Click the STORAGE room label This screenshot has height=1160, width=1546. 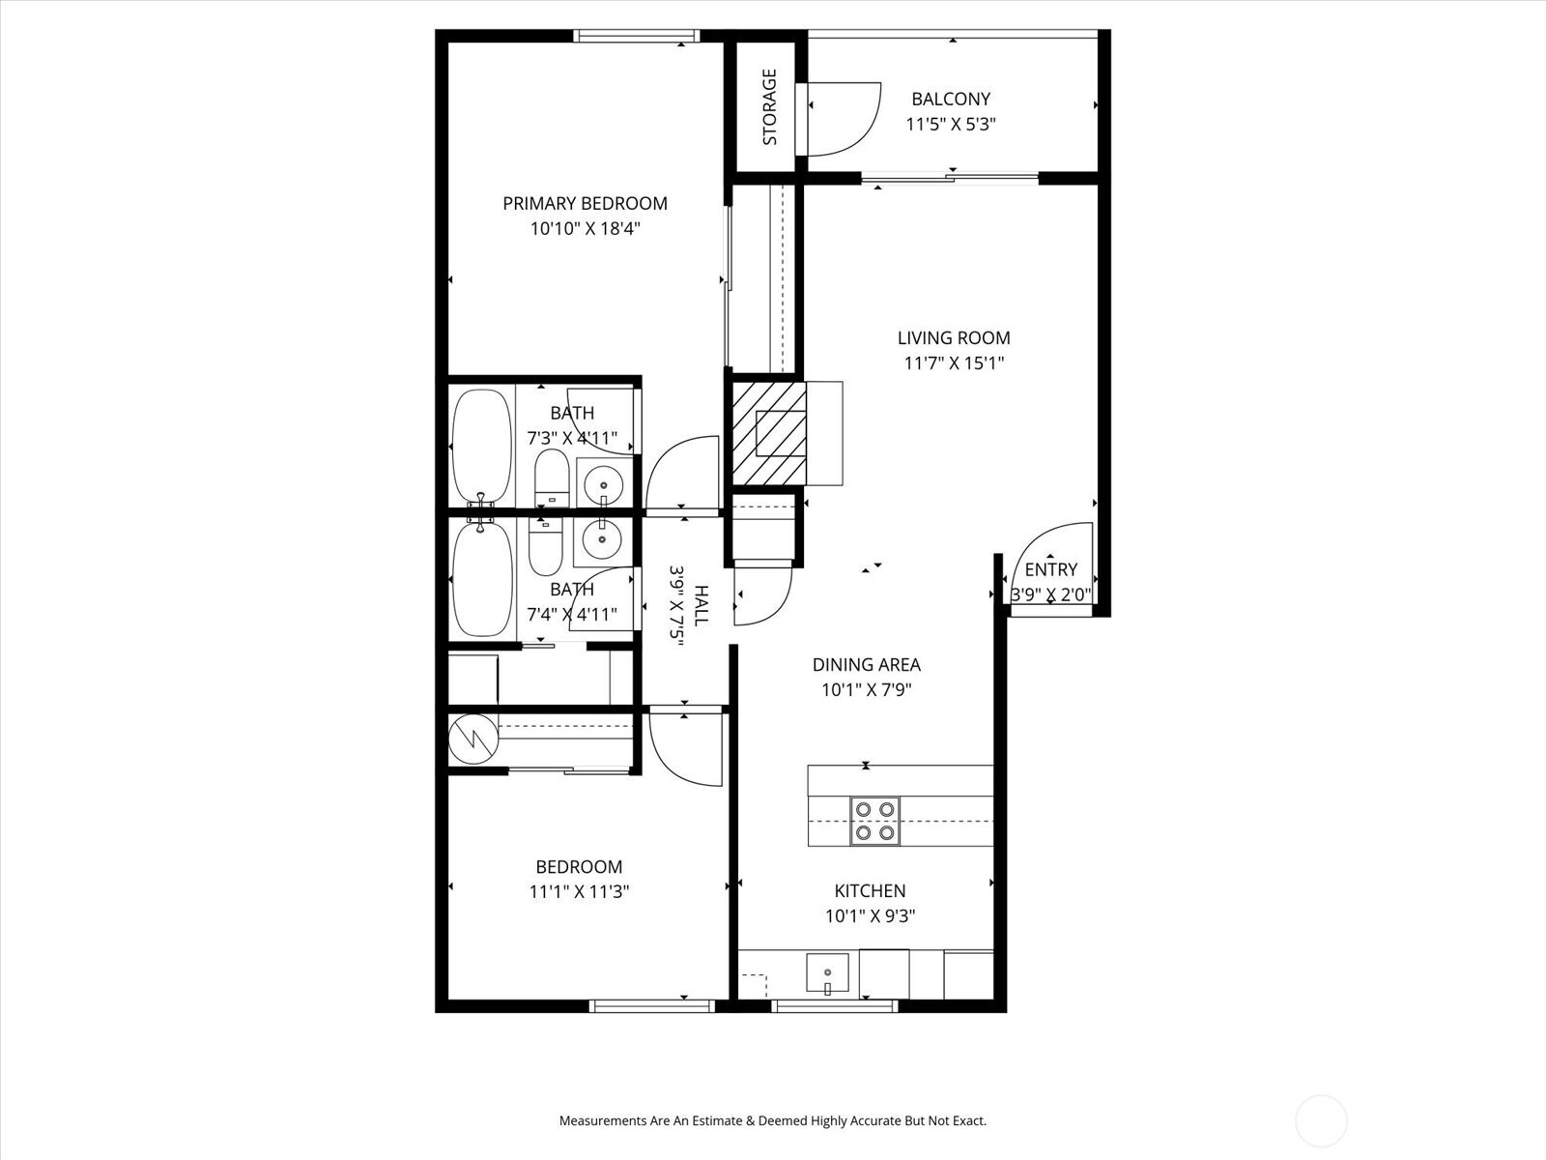click(x=770, y=106)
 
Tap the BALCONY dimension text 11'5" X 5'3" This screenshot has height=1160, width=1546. click(x=951, y=125)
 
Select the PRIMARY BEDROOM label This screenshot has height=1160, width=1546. click(x=585, y=203)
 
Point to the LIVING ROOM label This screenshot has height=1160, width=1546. click(x=954, y=337)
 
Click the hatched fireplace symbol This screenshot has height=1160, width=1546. click(x=768, y=432)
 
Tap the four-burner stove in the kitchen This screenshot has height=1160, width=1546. click(x=874, y=821)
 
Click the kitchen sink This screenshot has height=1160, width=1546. click(x=827, y=974)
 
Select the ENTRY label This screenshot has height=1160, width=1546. click(x=1050, y=569)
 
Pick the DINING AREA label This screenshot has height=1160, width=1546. click(x=866, y=664)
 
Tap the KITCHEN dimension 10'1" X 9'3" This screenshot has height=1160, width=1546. click(x=870, y=916)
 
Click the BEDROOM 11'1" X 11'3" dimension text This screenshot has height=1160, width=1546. click(x=579, y=892)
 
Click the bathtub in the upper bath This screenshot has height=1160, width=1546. click(x=481, y=446)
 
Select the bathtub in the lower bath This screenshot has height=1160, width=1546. click(x=481, y=579)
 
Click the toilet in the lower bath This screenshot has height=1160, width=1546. click(x=545, y=547)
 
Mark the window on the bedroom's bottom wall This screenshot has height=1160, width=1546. click(x=652, y=1006)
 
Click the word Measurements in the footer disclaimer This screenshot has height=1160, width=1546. click(x=603, y=1121)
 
